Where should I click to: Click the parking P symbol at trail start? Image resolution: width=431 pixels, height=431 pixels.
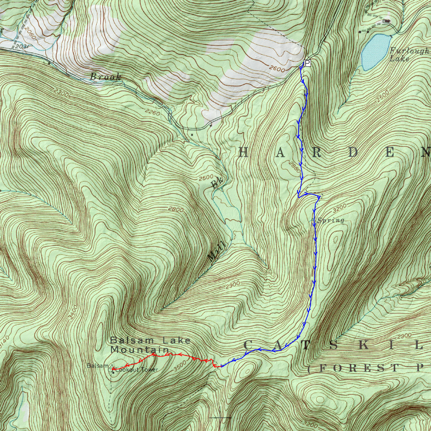pos(307,63)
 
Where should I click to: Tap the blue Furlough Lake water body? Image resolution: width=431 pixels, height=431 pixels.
pos(375,51)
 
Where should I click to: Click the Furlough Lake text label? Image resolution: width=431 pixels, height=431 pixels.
pos(409,54)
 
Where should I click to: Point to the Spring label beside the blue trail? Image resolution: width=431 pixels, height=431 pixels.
pos(331,221)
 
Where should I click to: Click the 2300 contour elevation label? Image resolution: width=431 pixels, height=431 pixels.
pos(60,93)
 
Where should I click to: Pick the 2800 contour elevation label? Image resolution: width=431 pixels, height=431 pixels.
pos(176,209)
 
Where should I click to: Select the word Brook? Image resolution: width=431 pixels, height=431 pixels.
pos(105,77)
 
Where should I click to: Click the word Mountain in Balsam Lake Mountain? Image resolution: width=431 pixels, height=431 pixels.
pos(139,349)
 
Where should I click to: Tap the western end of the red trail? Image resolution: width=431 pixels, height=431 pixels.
pos(113,369)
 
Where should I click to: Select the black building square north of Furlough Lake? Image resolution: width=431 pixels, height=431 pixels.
pos(387,21)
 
